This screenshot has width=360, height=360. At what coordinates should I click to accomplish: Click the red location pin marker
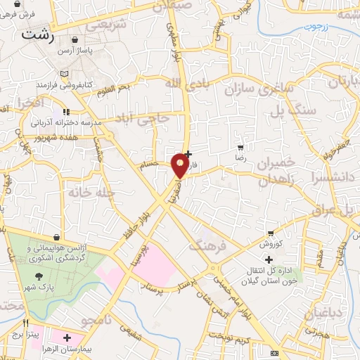coord(181,165)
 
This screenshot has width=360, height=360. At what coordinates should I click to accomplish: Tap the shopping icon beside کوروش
coord(271,233)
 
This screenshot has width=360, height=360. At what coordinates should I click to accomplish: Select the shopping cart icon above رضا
coord(242,148)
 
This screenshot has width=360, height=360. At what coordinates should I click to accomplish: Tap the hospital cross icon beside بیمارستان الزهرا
coord(67,338)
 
